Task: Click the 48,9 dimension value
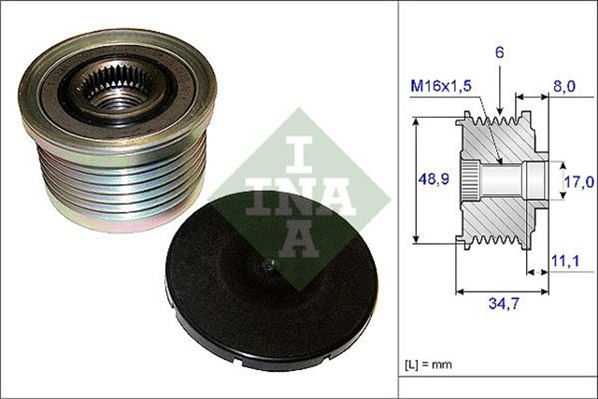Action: (x=431, y=177)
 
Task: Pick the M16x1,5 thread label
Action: (x=441, y=85)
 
